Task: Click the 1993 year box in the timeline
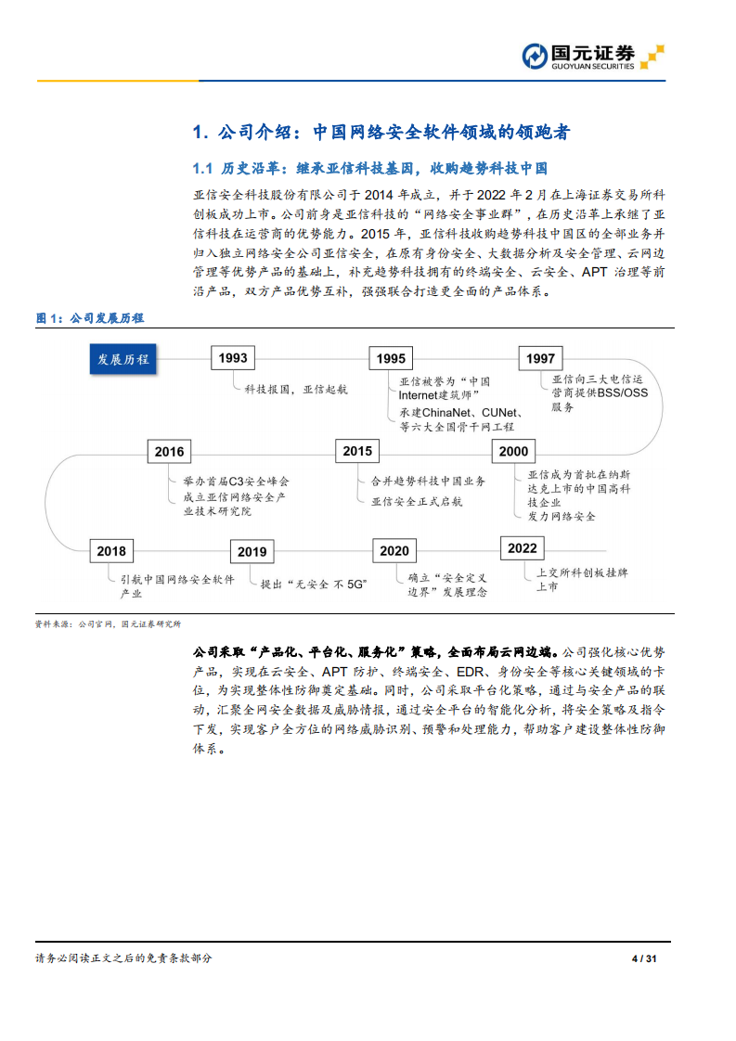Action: coord(234,358)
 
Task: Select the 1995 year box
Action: coord(392,359)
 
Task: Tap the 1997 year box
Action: coord(540,359)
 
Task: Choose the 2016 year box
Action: coord(169,452)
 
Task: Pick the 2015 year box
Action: coord(357,451)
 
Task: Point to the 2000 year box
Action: coord(513,452)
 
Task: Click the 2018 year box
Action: coord(110,551)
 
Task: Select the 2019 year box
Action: coord(252,552)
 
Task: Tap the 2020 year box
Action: coord(394,551)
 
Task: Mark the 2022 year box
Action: coord(523,548)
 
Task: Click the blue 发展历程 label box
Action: coord(123,359)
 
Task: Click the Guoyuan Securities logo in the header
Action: coord(591,57)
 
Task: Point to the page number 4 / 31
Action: coord(644,958)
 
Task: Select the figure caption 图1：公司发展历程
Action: coord(90,318)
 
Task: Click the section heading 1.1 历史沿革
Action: coord(369,169)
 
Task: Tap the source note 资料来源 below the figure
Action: coord(108,624)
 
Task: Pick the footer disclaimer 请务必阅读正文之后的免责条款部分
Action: coord(123,958)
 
